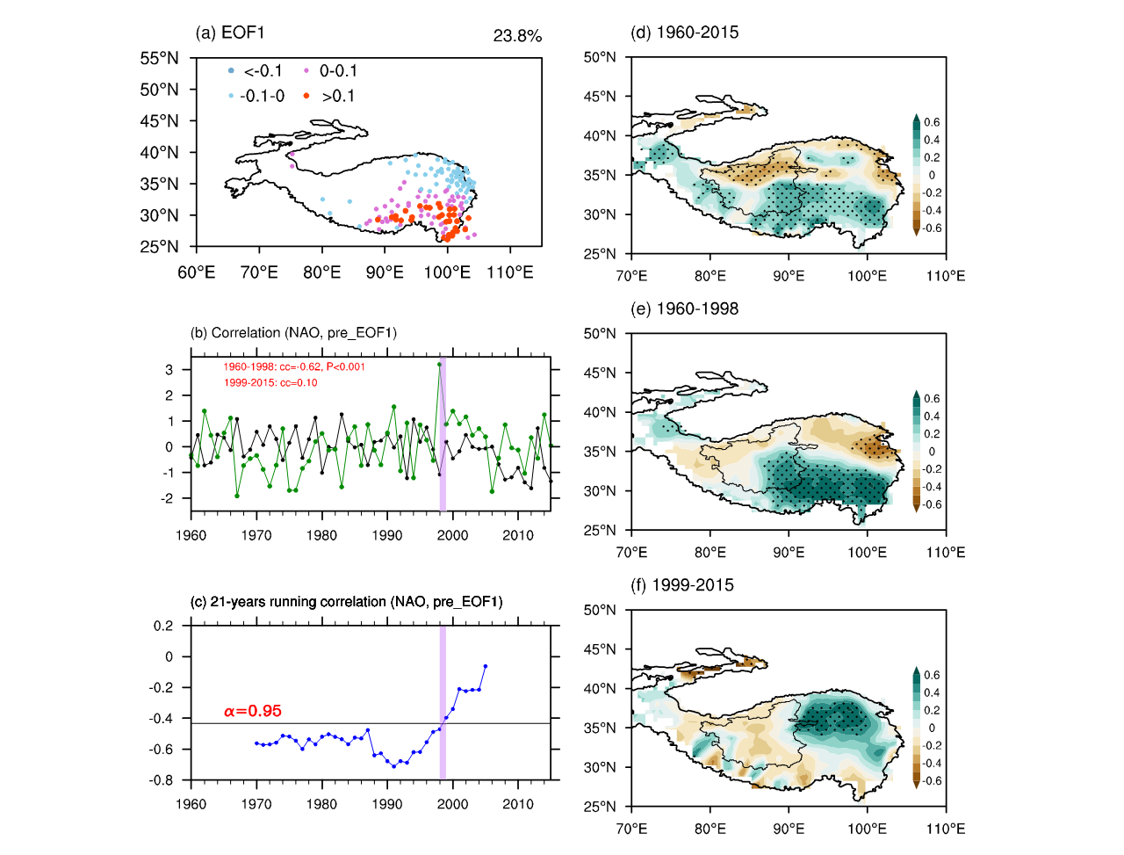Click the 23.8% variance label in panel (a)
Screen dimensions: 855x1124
click(x=517, y=36)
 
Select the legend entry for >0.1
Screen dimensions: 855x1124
click(x=337, y=96)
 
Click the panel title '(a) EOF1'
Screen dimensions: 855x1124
click(x=230, y=33)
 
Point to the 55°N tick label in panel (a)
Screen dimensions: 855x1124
click(x=159, y=58)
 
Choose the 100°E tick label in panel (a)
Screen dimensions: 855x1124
click(x=447, y=272)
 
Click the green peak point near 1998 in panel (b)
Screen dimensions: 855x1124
click(x=439, y=364)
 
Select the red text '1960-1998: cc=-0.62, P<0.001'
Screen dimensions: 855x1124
click(x=293, y=366)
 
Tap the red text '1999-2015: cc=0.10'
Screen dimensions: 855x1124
click(x=270, y=382)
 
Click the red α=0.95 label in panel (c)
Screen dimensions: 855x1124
click(x=253, y=711)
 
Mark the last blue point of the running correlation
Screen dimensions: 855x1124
click(x=486, y=666)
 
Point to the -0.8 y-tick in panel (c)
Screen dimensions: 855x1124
click(x=163, y=780)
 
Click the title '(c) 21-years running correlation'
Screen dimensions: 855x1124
click(x=347, y=602)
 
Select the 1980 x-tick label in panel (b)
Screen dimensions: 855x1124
click(x=321, y=535)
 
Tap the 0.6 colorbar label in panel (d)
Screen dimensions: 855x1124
click(x=932, y=122)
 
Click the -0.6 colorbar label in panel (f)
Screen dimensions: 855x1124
click(x=932, y=781)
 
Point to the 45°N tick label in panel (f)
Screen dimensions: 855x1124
click(x=600, y=649)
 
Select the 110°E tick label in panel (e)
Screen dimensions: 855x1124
click(x=946, y=553)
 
